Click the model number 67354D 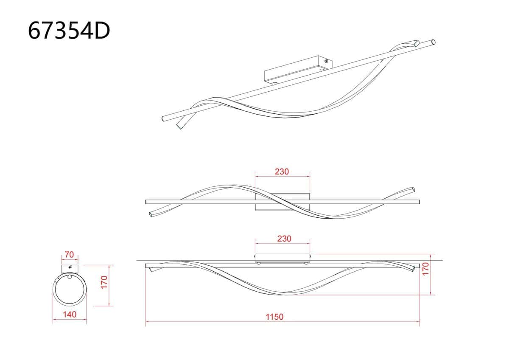click(69, 31)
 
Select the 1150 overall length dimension click(274, 317)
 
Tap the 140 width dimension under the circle click(70, 315)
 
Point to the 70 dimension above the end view click(69, 254)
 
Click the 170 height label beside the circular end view click(104, 282)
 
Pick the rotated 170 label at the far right click(425, 269)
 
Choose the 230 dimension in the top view click(282, 172)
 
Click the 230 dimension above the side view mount click(284, 239)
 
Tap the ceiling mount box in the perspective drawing click(298, 69)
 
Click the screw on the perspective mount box click(326, 61)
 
